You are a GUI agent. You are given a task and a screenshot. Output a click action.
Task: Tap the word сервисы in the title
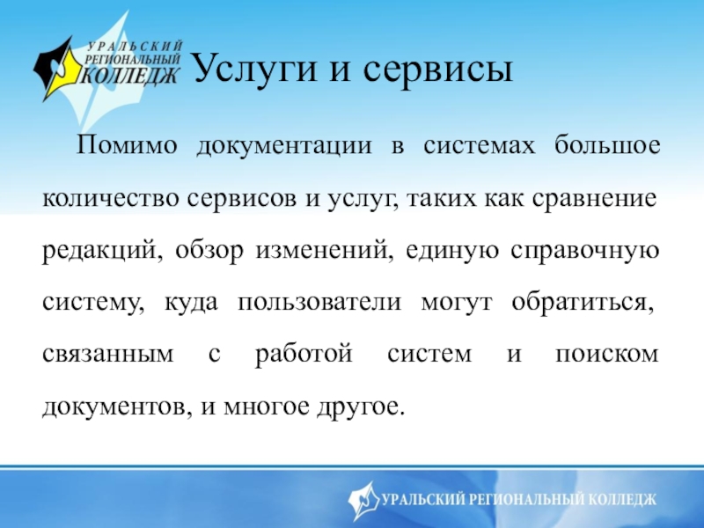click(437, 70)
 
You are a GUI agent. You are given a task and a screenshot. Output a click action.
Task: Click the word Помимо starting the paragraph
click(127, 145)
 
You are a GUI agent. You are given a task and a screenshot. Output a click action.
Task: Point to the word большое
click(607, 144)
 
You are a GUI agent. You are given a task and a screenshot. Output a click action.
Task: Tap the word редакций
click(101, 251)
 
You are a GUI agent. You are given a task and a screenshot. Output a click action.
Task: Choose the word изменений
click(322, 250)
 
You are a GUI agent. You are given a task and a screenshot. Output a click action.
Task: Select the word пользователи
click(319, 302)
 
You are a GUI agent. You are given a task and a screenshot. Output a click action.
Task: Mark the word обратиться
click(583, 302)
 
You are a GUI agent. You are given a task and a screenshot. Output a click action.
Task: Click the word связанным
click(107, 355)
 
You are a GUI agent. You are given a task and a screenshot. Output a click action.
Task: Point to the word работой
click(304, 354)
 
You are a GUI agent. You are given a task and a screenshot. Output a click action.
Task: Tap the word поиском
click(607, 355)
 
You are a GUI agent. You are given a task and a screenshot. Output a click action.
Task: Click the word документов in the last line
click(114, 407)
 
